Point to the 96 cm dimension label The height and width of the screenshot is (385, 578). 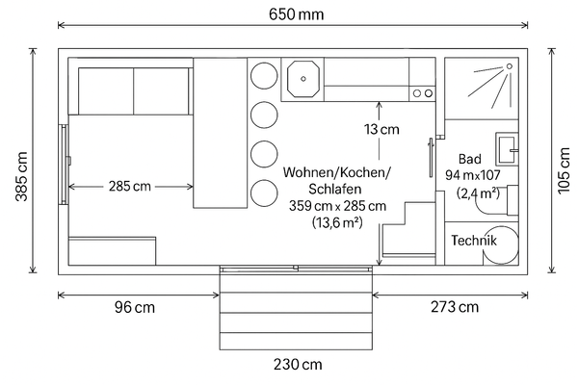[x=133, y=308]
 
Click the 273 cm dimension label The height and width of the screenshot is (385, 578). [x=453, y=308]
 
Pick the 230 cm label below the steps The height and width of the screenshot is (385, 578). [x=298, y=365]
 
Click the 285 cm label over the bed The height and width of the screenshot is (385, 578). [x=129, y=186]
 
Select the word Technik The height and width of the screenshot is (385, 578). [x=476, y=241]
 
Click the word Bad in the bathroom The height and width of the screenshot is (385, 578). [x=469, y=159]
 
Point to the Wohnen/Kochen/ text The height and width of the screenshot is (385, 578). [x=336, y=172]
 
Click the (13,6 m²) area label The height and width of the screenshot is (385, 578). [x=336, y=223]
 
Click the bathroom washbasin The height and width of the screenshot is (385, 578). [x=508, y=146]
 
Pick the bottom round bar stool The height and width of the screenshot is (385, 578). [x=262, y=193]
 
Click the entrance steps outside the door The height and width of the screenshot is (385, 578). [x=297, y=312]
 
